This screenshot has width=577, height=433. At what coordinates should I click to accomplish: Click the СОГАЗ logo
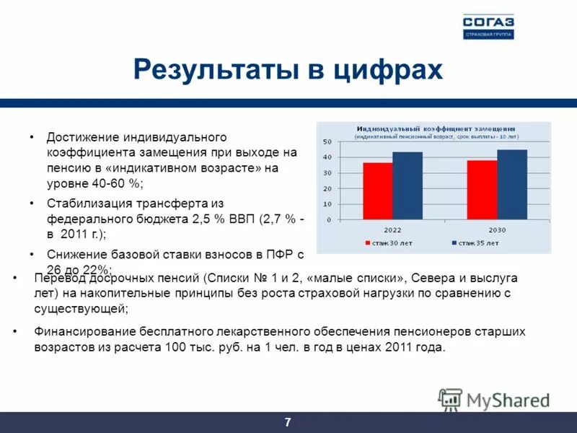488,26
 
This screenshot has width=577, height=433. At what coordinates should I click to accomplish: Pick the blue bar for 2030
512,184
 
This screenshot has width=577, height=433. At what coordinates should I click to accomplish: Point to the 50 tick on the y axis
327,141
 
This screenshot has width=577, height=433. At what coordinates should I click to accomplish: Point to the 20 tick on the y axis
327,188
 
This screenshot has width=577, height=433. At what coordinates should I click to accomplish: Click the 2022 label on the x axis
392,229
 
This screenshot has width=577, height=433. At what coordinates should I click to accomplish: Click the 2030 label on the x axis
497,229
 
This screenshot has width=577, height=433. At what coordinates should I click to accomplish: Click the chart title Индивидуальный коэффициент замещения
433,128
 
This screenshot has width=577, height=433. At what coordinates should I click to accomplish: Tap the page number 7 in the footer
288,422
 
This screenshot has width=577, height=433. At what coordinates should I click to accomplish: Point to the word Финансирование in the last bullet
80,331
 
